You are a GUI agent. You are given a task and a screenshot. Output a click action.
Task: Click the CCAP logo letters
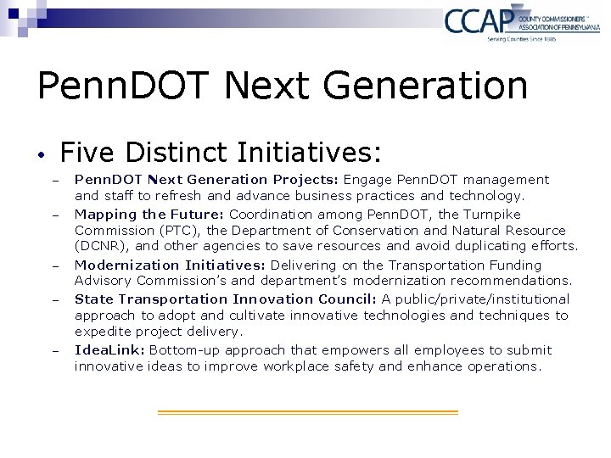coord(479,20)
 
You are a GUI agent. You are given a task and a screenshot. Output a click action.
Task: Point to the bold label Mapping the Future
coord(149,215)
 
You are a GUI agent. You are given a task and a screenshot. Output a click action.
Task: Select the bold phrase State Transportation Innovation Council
coord(225,299)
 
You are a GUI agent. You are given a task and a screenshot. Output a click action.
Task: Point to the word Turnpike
coord(491,215)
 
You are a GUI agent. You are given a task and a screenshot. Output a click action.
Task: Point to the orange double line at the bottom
coord(308,412)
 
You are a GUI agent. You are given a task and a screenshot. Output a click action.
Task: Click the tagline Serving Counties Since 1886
coord(520,39)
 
